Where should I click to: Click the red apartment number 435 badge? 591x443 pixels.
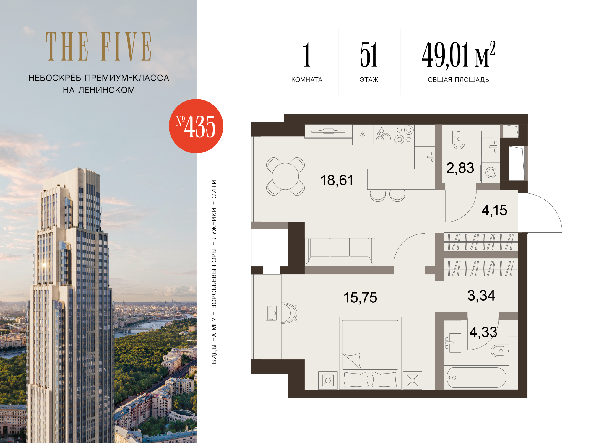pyautogui.click(x=196, y=126)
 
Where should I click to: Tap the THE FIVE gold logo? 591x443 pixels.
pyautogui.click(x=99, y=47)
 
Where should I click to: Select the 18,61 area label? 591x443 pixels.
pyautogui.click(x=337, y=180)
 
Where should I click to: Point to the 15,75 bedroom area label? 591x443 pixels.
pyautogui.click(x=360, y=297)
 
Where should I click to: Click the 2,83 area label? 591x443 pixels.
pyautogui.click(x=460, y=168)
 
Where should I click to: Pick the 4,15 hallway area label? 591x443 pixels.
pyautogui.click(x=494, y=210)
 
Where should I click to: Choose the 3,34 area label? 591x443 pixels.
pyautogui.click(x=481, y=295)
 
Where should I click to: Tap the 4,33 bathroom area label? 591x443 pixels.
pyautogui.click(x=483, y=332)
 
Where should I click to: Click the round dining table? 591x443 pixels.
pyautogui.click(x=285, y=176)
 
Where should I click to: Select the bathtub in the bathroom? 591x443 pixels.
pyautogui.click(x=476, y=377)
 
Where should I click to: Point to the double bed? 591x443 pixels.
pyautogui.click(x=370, y=353)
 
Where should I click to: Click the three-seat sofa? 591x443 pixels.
pyautogui.click(x=340, y=252)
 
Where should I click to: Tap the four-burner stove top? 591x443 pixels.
pyautogui.click(x=404, y=135)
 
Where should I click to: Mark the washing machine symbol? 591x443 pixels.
pyautogui.click(x=491, y=173)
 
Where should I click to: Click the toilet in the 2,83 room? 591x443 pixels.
pyautogui.click(x=459, y=140)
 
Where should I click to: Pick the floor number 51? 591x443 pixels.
pyautogui.click(x=369, y=55)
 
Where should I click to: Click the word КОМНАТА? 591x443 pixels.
pyautogui.click(x=307, y=80)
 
